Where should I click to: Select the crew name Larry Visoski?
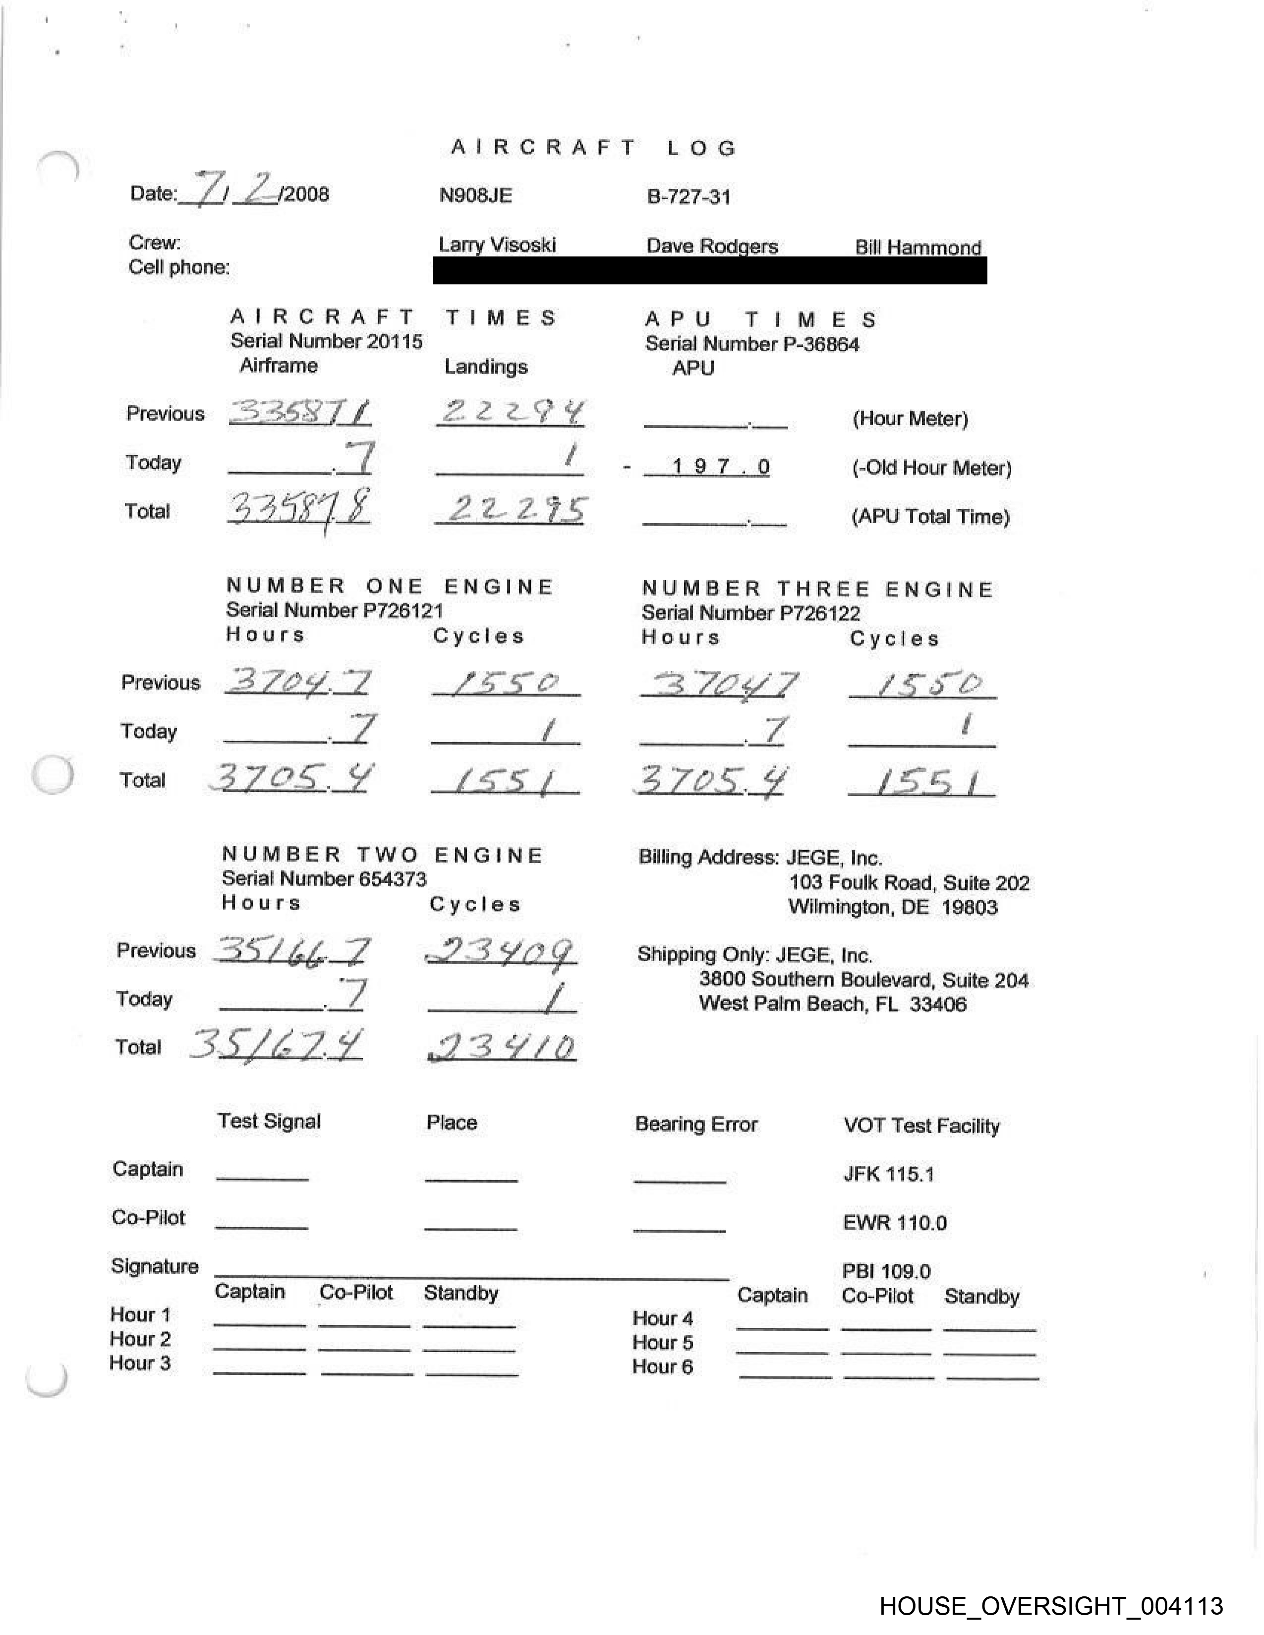tap(497, 245)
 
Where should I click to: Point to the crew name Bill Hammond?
tap(918, 248)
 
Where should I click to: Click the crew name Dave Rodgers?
tap(711, 246)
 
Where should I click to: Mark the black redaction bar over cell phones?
tap(709, 270)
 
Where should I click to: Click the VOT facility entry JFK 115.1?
tap(888, 1174)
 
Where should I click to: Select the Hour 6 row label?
tap(663, 1366)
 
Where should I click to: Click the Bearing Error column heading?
tap(695, 1125)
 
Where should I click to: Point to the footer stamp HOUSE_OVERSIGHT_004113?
tap(1050, 1606)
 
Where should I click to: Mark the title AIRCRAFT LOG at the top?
tap(594, 148)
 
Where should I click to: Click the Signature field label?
tap(154, 1266)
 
